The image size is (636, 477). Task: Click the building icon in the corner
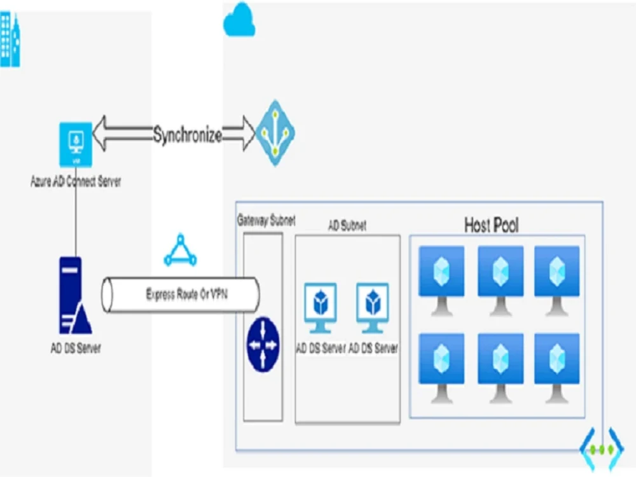tap(10, 39)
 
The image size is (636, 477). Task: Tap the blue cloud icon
tap(239, 20)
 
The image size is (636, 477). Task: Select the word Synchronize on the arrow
tap(187, 135)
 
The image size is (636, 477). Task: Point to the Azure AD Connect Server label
tap(76, 182)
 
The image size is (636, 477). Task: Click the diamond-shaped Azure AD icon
tap(275, 133)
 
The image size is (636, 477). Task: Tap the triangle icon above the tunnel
tap(180, 251)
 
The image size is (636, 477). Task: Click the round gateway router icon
tap(263, 344)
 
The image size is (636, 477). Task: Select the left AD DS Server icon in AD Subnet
tap(321, 307)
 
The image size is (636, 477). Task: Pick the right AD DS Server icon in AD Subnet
tap(373, 307)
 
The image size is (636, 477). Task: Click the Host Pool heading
tap(491, 225)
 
